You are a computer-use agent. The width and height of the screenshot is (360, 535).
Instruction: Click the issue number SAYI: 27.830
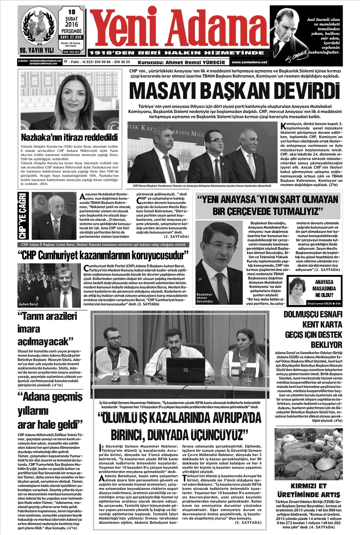[x=71, y=37]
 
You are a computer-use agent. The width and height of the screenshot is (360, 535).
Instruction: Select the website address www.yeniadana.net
[x=250, y=62]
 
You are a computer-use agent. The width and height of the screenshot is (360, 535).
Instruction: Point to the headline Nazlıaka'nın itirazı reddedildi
[x=69, y=137]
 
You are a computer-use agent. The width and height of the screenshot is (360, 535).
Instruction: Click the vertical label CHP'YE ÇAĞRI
[x=23, y=216]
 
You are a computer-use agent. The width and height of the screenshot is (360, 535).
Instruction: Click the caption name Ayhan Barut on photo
[x=29, y=304]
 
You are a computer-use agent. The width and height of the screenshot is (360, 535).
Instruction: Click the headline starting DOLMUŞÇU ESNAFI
[x=312, y=329]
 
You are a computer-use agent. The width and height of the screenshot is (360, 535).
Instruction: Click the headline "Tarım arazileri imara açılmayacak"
[x=47, y=328]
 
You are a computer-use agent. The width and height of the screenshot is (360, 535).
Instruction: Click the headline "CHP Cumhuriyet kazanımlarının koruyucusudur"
[x=103, y=256]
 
